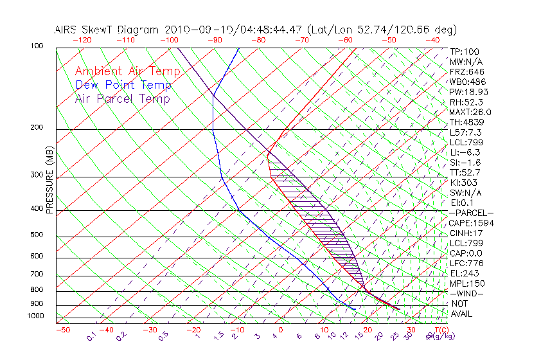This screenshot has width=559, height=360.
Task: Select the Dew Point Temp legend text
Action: pyautogui.click(x=123, y=85)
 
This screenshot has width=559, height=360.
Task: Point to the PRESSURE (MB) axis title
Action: pyautogui.click(x=49, y=181)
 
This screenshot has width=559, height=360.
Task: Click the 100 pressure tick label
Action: pyautogui.click(x=37, y=46)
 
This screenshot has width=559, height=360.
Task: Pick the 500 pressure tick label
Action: pyautogui.click(x=37, y=235)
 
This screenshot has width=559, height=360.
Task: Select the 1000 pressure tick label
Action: pyautogui.click(x=35, y=316)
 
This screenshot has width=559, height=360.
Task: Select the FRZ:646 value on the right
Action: pyautogui.click(x=467, y=71)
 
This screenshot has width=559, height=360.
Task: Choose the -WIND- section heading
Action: pyautogui.click(x=467, y=294)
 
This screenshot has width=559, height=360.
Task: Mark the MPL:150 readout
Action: pyautogui.click(x=467, y=283)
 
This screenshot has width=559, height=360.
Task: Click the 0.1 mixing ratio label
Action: pyautogui.click(x=92, y=336)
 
